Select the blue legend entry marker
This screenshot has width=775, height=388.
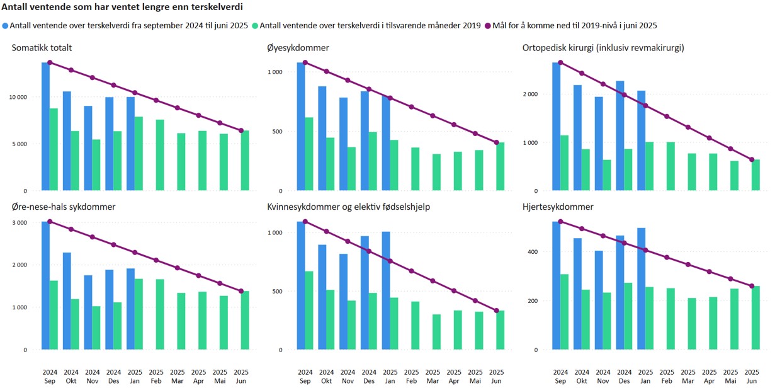6,26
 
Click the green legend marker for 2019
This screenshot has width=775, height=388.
255,26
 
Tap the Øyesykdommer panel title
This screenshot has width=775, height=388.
298,48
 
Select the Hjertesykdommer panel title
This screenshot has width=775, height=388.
558,207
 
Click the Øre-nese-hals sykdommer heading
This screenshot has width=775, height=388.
63,207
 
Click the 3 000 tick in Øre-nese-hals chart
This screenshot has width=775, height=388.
19,222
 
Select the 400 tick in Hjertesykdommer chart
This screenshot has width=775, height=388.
534,252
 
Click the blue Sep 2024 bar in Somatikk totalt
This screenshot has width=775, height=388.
45,126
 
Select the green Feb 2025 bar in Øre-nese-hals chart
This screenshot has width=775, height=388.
160,314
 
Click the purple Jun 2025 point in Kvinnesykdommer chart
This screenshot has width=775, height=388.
496,311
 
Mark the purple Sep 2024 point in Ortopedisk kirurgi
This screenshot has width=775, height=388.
560,62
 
